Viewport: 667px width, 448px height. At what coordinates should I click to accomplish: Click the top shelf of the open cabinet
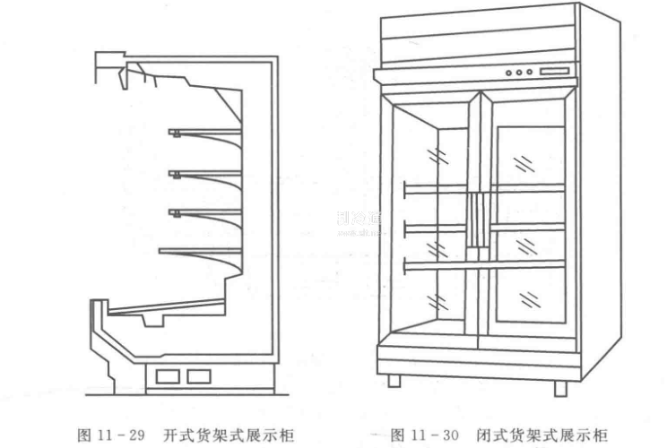coord(205,133)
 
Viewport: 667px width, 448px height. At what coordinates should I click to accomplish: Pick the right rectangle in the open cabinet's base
coord(199,375)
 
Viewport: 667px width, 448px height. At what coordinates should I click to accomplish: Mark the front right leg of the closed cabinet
coord(560,387)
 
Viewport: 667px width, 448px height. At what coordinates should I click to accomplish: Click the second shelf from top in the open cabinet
coord(205,173)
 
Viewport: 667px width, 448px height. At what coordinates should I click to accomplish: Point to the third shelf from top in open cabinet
coord(205,212)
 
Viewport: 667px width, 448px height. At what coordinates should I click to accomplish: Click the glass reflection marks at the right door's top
coord(521,162)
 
